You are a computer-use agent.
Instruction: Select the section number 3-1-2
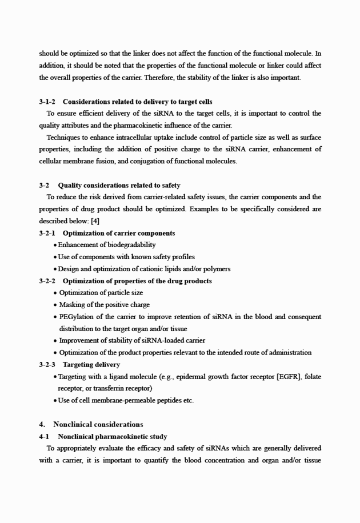[x=47, y=102]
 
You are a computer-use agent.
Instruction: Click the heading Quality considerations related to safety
[x=119, y=185]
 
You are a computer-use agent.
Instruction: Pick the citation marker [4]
[x=95, y=221]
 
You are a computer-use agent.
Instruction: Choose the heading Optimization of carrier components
[x=118, y=233]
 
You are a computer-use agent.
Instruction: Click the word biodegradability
[x=129, y=245]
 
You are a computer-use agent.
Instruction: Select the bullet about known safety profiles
[x=126, y=257]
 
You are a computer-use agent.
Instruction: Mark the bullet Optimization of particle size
[x=101, y=293]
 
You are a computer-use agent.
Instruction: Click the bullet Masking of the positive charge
[x=105, y=305]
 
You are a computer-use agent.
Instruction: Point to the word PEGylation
[x=78, y=317]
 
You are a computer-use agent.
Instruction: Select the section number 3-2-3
[x=47, y=364]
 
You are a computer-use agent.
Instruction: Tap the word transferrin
[x=102, y=388]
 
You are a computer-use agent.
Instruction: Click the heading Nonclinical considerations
[x=98, y=424]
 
